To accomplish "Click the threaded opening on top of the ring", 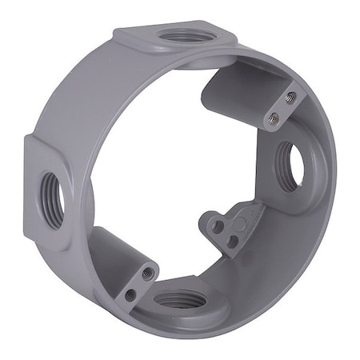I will click(x=178, y=35).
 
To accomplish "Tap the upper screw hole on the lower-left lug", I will click(x=146, y=273).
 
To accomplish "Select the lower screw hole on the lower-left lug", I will click(x=130, y=294).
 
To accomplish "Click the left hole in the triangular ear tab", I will click(x=217, y=227).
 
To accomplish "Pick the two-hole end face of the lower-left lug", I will click(x=138, y=283).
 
